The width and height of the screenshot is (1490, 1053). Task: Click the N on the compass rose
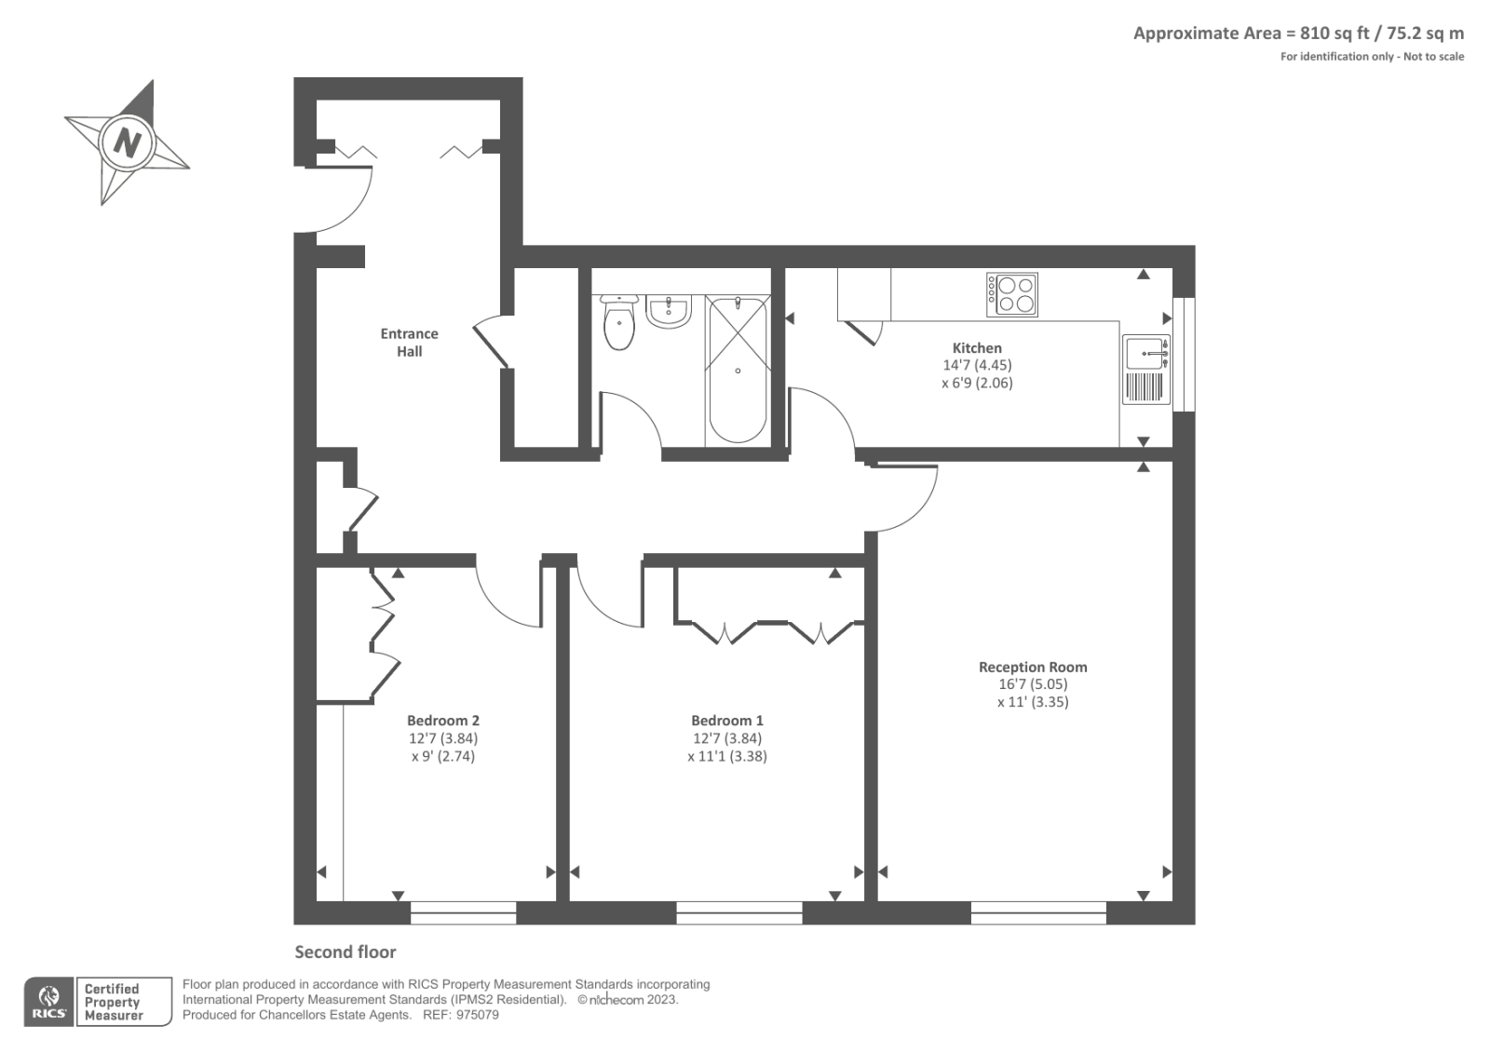(128, 143)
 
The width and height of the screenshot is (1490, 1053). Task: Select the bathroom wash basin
(668, 312)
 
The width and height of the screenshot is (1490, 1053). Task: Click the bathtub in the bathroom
(738, 370)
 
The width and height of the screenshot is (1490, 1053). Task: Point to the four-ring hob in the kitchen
(1012, 294)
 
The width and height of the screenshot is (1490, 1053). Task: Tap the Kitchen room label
(977, 347)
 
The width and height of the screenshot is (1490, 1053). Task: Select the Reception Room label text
(1033, 667)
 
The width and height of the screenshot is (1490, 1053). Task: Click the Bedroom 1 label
(726, 721)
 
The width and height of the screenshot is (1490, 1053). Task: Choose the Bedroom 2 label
(442, 721)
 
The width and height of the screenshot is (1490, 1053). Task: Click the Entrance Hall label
(409, 342)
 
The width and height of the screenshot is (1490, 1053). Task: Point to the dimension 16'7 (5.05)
(1033, 684)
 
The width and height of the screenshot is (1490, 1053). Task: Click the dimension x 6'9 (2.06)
(977, 383)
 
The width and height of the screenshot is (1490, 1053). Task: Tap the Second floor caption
(345, 952)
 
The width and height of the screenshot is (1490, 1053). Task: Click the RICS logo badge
(48, 1002)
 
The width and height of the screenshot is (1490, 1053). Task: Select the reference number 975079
(478, 1015)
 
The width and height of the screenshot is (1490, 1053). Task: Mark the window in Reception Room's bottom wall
(1038, 912)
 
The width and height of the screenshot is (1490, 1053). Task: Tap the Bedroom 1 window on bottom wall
(738, 912)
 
